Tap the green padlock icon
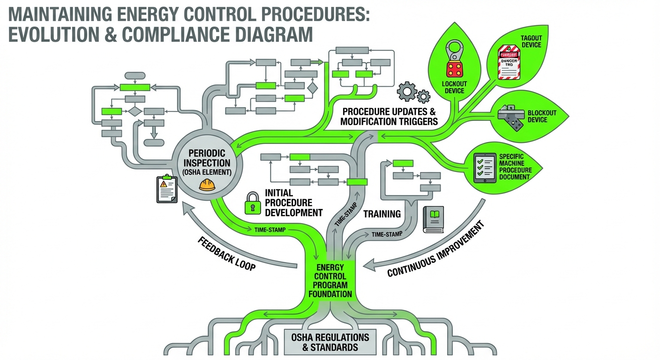252,203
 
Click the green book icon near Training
433,219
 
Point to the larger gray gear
406,91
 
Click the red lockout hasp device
453,61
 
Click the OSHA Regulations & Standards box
330,342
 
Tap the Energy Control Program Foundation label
330,280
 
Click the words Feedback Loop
227,254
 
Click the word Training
382,214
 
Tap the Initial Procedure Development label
293,202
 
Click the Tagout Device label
531,41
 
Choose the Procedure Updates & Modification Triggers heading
389,117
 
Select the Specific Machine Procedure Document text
515,166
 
